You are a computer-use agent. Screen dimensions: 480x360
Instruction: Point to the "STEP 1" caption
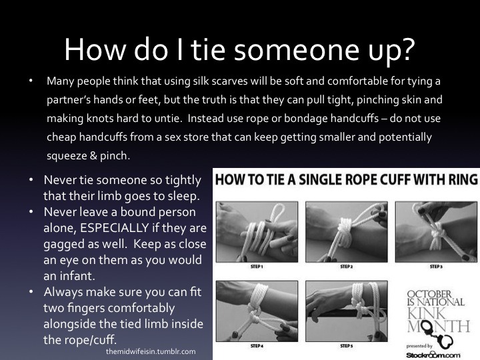[x=257, y=267]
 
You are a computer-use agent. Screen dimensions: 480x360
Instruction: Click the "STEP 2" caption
[x=347, y=267]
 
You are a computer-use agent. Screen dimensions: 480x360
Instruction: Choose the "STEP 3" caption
[x=436, y=267]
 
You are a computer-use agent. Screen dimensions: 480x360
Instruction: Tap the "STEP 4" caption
[x=257, y=346]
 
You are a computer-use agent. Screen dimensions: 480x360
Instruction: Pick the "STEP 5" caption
[x=347, y=346]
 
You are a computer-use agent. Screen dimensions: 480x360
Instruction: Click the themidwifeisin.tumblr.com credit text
[x=151, y=351]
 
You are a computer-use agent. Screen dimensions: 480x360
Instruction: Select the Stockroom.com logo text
[x=433, y=355]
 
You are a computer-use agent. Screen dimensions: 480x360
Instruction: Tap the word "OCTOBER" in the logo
[x=429, y=294]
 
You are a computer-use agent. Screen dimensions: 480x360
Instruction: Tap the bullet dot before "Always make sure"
[x=31, y=292]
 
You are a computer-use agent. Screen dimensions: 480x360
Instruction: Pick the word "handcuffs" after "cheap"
[x=103, y=137]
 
